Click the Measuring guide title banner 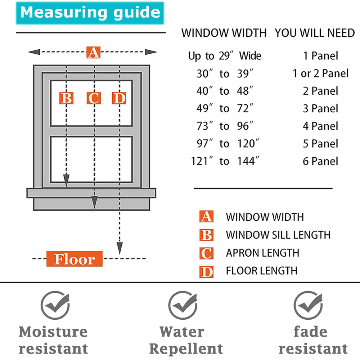[x=90, y=13]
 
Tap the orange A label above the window [x=93, y=53]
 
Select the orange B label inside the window [x=66, y=98]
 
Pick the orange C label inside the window [x=94, y=98]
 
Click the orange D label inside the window [x=119, y=98]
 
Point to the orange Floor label [x=75, y=259]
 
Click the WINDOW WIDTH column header [x=224, y=33]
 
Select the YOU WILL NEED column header [x=315, y=33]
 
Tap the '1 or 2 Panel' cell [x=320, y=73]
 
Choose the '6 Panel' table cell [x=320, y=161]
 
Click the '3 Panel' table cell [x=320, y=108]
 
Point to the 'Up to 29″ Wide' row [x=225, y=56]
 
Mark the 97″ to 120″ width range [x=225, y=143]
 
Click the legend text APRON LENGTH [x=262, y=253]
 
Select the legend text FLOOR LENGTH [x=262, y=270]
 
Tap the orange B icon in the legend [x=206, y=235]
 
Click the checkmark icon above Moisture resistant [x=55, y=305]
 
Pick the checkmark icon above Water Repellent [x=183, y=305]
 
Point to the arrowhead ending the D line [x=120, y=248]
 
